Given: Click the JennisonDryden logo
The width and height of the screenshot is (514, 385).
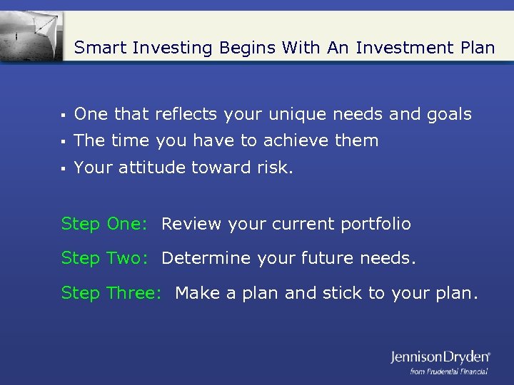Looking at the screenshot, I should click(440, 356).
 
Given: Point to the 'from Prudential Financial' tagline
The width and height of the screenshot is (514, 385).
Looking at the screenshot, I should click(448, 371).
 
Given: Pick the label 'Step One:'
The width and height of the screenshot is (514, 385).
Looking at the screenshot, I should click(104, 224).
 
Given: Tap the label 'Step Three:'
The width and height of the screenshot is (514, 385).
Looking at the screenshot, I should click(111, 292).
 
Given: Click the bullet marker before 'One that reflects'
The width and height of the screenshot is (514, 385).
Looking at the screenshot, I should click(64, 115).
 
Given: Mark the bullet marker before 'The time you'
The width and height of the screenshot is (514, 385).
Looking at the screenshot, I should click(64, 141).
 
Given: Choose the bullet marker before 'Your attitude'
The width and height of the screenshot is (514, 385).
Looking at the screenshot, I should click(64, 168).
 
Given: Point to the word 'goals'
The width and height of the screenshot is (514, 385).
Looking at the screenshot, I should click(448, 114).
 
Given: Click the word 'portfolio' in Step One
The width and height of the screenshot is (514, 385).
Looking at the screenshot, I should click(376, 224).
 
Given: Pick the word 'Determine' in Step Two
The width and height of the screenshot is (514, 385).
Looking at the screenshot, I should click(202, 258).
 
